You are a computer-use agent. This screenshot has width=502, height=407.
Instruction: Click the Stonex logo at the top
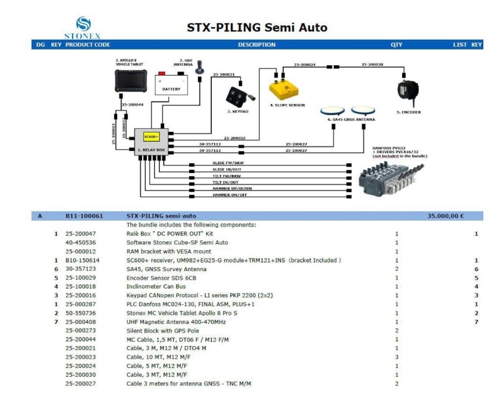click(82, 25)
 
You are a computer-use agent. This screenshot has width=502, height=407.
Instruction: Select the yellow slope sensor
click(284, 89)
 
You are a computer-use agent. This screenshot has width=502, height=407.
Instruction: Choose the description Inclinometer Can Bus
click(156, 287)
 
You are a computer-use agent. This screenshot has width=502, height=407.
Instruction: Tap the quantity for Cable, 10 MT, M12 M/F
click(397, 357)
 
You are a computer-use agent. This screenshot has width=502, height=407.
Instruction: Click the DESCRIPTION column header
click(256, 45)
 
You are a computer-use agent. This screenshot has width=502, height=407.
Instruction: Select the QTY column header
click(396, 45)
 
